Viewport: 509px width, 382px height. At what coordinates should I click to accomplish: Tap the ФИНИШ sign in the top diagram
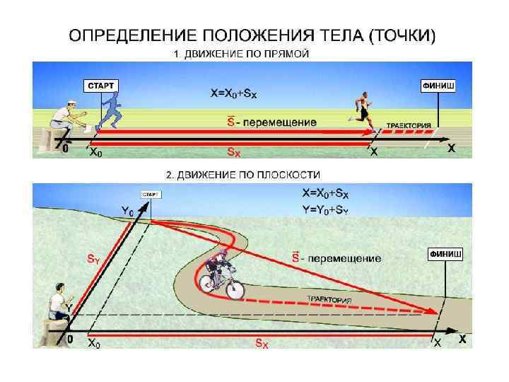click(x=438, y=86)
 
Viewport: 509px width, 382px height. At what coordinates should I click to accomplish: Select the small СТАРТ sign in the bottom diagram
click(x=150, y=194)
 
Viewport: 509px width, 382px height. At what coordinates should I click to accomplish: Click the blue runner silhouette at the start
click(x=111, y=112)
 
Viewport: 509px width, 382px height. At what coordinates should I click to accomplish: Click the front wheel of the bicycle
click(x=235, y=289)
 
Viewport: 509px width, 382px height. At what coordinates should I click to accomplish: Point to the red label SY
click(x=93, y=259)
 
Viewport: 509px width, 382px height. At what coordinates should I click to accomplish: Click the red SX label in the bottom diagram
click(x=261, y=342)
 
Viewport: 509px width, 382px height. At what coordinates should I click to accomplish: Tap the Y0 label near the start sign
click(x=127, y=210)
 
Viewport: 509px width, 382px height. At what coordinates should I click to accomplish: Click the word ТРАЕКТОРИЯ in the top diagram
click(x=409, y=125)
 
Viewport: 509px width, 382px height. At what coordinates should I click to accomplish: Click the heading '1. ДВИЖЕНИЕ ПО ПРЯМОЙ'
click(x=241, y=54)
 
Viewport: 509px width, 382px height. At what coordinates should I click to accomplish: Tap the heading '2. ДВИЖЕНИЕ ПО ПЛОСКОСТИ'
click(x=243, y=174)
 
